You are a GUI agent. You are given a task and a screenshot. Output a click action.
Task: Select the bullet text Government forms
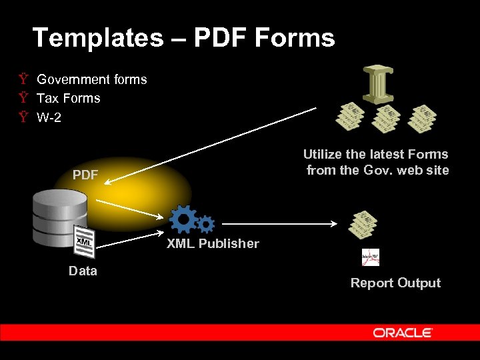[92, 79]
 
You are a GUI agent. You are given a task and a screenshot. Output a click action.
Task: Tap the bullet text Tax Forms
[69, 98]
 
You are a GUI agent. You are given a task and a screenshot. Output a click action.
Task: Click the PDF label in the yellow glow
[85, 175]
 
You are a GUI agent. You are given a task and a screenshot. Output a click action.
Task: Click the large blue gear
[183, 219]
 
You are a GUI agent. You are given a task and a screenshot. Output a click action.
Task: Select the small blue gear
[206, 224]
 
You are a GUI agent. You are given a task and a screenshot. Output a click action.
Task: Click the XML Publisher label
[213, 243]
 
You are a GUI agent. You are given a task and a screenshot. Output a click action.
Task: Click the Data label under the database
[83, 271]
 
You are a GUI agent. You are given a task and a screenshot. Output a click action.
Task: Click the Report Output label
[395, 283]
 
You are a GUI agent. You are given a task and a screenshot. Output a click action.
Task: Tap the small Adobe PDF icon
[370, 257]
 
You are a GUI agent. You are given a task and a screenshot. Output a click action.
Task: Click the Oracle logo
[403, 333]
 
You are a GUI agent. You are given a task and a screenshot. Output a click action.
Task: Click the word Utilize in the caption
[325, 154]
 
